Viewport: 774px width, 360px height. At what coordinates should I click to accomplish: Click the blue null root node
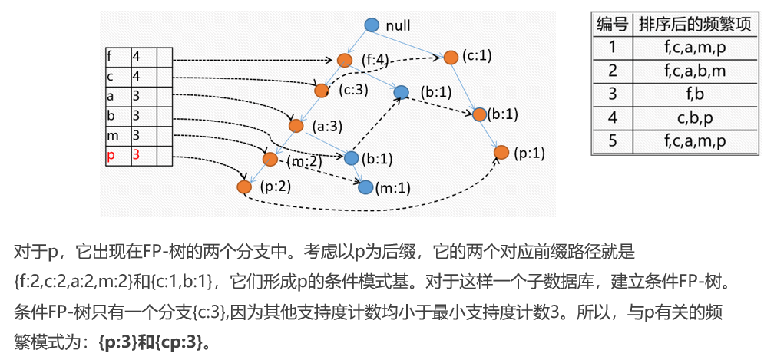(x=372, y=25)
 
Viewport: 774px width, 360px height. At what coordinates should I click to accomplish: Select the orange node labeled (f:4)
(x=343, y=60)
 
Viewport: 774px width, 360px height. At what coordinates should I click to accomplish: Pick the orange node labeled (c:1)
(x=451, y=56)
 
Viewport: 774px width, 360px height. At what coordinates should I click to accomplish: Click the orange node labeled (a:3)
(x=296, y=125)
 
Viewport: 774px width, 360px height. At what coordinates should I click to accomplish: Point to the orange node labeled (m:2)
(x=270, y=160)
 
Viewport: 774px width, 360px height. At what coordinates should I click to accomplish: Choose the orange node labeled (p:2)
(x=244, y=187)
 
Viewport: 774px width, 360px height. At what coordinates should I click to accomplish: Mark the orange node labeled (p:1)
(x=501, y=153)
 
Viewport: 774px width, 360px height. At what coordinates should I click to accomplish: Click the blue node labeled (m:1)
(x=365, y=187)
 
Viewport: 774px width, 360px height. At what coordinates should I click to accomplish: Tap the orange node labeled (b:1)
(x=480, y=114)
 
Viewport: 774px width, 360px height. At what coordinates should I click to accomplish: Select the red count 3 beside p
(x=136, y=155)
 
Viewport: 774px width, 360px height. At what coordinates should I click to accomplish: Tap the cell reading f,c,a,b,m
(x=695, y=71)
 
